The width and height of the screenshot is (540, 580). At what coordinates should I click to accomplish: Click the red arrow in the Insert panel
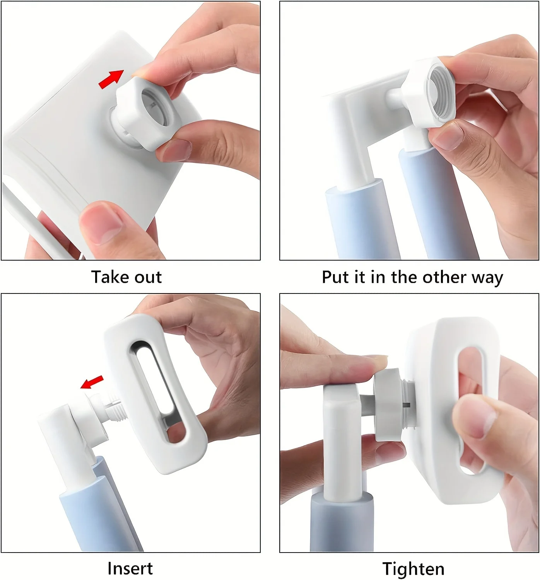[92, 382]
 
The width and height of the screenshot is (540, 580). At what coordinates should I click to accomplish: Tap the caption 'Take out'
[126, 277]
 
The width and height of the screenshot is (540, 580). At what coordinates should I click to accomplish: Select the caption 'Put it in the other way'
[412, 277]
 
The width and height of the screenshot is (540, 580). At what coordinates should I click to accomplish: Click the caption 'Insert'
[130, 568]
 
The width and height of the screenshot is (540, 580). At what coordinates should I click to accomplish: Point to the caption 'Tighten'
[413, 569]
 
